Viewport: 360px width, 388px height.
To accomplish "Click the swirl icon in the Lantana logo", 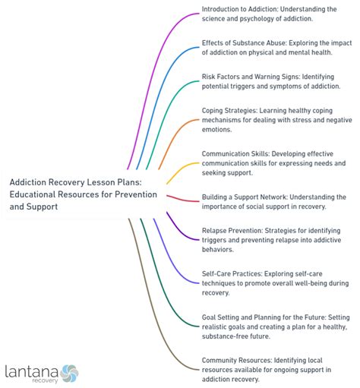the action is pyautogui.click(x=69, y=374).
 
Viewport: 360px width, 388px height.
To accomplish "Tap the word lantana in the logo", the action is pyautogui.click(x=32, y=372).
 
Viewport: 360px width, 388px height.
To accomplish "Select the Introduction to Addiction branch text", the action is pyautogui.click(x=269, y=14).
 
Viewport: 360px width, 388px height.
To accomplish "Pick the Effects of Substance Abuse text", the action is pyautogui.click(x=276, y=48).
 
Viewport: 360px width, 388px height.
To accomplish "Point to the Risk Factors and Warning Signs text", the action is pyautogui.click(x=271, y=81).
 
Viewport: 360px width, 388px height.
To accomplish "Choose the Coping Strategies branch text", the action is pyautogui.click(x=276, y=120).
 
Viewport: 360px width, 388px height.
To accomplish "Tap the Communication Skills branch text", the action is pyautogui.click(x=273, y=163).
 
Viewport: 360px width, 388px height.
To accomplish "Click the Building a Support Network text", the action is pyautogui.click(x=274, y=202).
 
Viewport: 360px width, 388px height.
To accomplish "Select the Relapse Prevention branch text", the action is pyautogui.click(x=271, y=240).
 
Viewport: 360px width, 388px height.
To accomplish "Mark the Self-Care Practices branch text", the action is pyautogui.click(x=275, y=283).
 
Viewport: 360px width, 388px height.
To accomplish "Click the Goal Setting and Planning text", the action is pyautogui.click(x=276, y=326).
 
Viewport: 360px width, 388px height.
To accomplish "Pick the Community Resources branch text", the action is pyautogui.click(x=267, y=370).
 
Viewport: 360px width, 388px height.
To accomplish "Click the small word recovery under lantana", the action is pyautogui.click(x=45, y=380).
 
